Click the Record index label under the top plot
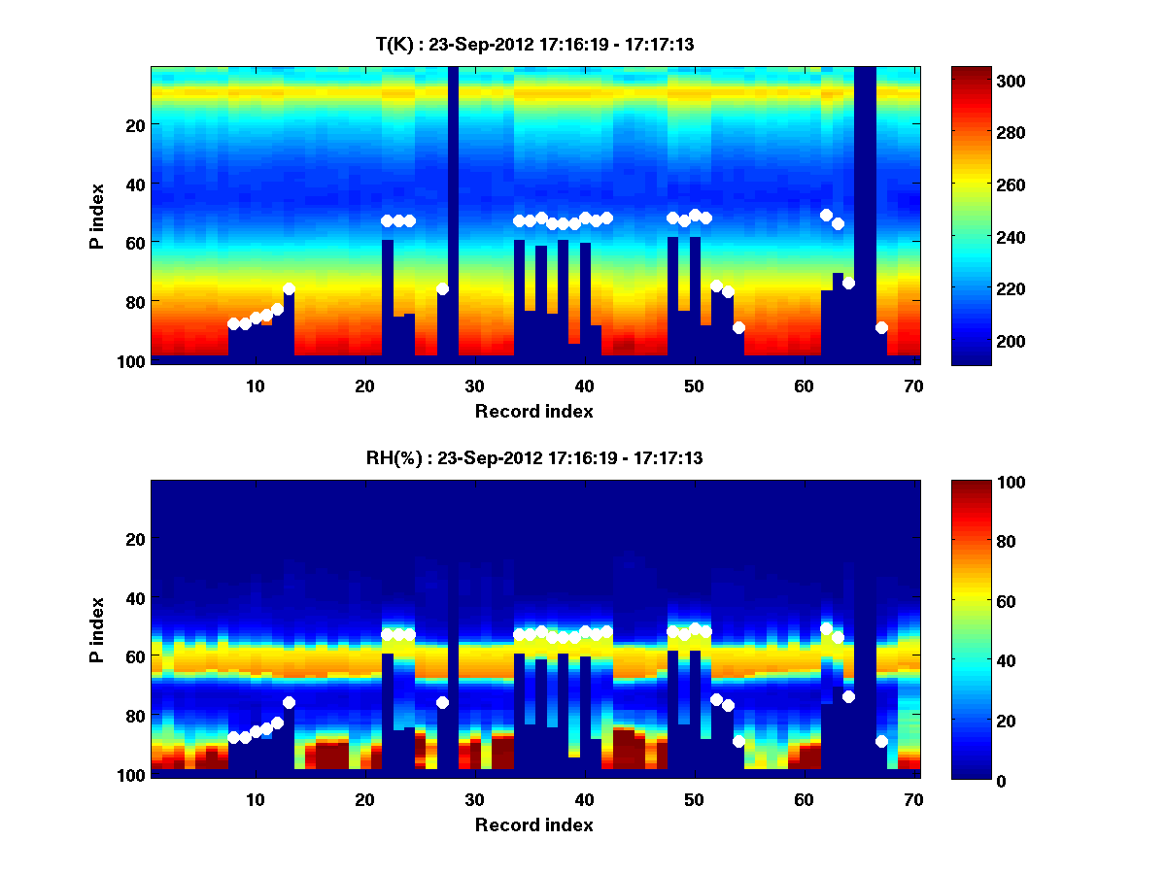pyautogui.click(x=533, y=411)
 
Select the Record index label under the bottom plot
pyautogui.click(x=533, y=824)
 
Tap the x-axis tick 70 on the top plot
pyautogui.click(x=913, y=385)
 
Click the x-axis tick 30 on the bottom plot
pyautogui.click(x=474, y=799)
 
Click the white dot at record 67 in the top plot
pyautogui.click(x=881, y=327)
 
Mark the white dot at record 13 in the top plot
pyautogui.click(x=289, y=288)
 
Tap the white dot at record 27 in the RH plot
pyautogui.click(x=442, y=702)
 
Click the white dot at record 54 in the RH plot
pyautogui.click(x=738, y=741)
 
